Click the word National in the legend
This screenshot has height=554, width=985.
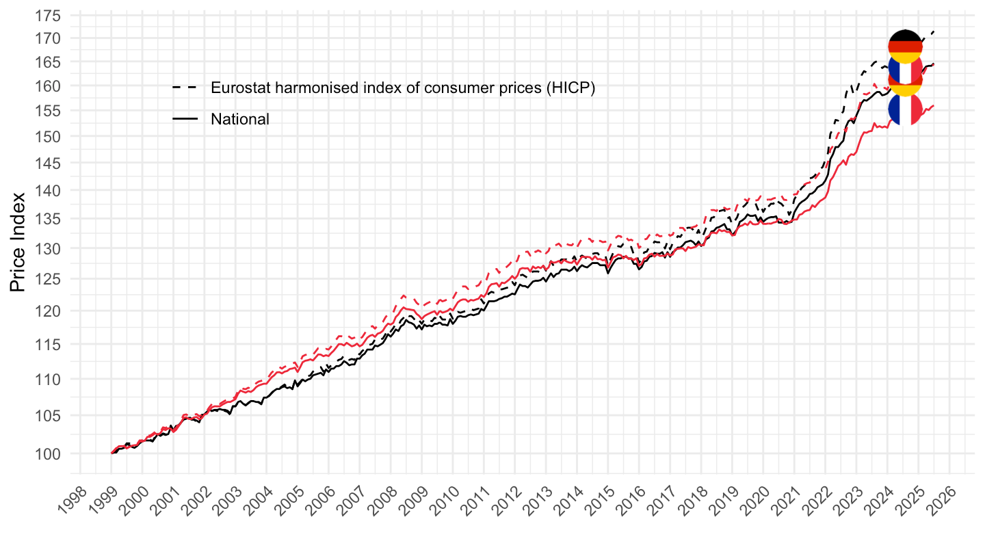click(x=240, y=119)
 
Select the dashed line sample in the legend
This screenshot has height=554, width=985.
click(x=185, y=88)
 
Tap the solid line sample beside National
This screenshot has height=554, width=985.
click(x=185, y=119)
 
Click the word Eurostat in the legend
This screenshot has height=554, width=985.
click(x=239, y=88)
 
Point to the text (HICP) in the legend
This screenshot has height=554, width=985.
click(x=570, y=88)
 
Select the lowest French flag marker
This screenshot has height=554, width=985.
click(x=905, y=109)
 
